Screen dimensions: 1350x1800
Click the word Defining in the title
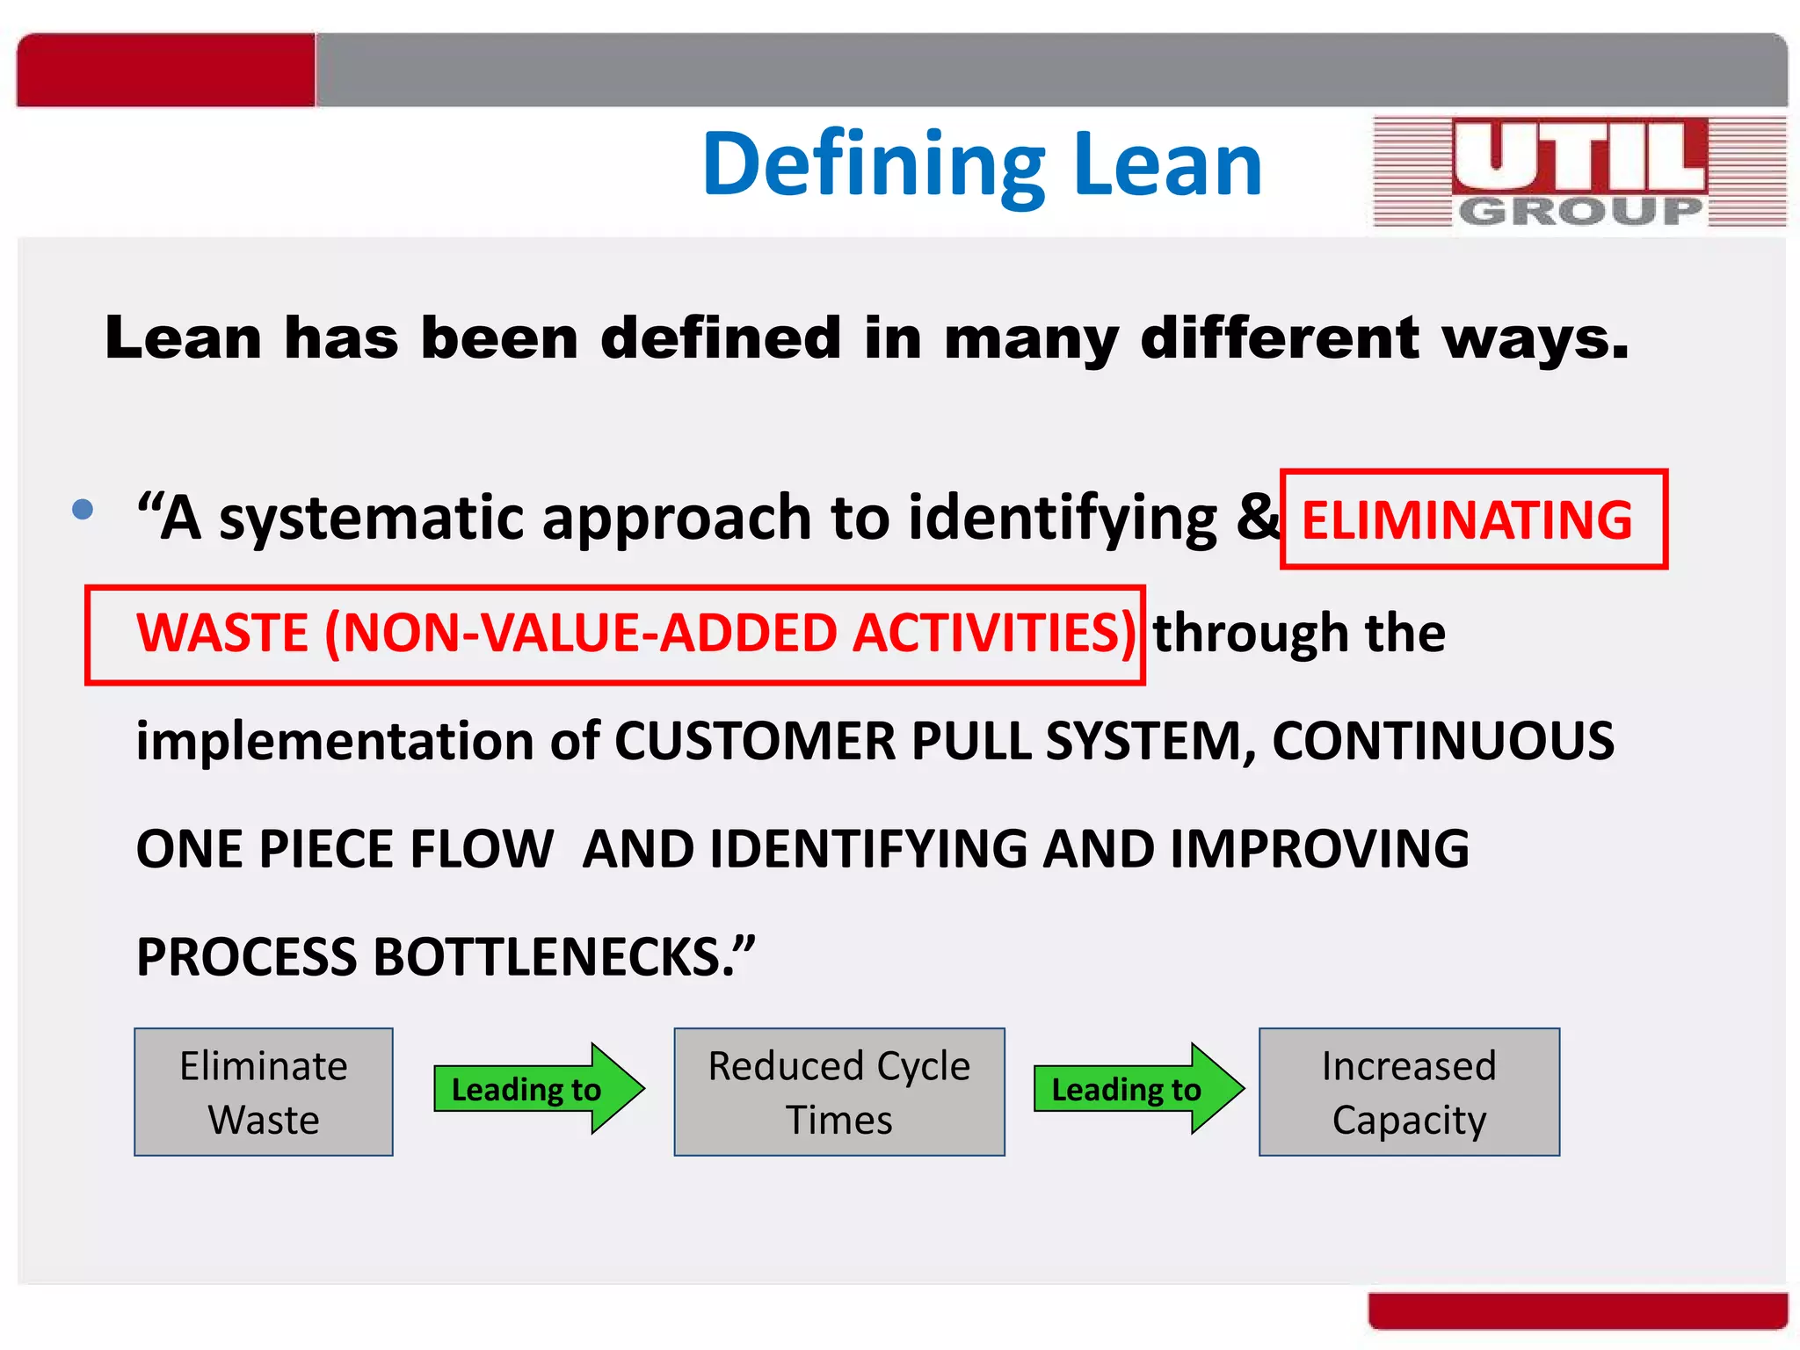(x=874, y=164)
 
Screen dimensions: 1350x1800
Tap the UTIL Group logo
(x=1579, y=172)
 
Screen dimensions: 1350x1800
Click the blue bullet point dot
(x=83, y=509)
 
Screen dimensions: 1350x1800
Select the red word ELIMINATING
(x=1466, y=519)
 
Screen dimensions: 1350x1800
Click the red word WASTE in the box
(x=222, y=633)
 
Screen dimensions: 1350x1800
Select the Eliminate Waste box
(x=264, y=1092)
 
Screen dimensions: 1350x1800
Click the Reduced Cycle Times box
(x=839, y=1092)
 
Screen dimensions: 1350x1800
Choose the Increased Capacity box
(x=1409, y=1092)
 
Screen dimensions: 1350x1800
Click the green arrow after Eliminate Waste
(x=538, y=1089)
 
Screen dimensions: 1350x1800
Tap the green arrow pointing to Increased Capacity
(x=1137, y=1089)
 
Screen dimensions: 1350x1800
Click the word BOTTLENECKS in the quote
(x=547, y=957)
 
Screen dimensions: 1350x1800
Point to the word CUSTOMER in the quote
(x=754, y=741)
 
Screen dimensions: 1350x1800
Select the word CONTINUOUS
(x=1442, y=741)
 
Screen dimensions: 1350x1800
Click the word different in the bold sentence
(x=1279, y=337)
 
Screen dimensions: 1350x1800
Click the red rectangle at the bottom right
(x=1578, y=1310)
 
